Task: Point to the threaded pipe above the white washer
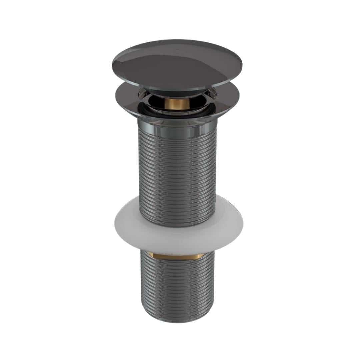[x=177, y=167]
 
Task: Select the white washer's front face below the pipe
[x=177, y=240]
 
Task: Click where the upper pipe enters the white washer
[x=177, y=224]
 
